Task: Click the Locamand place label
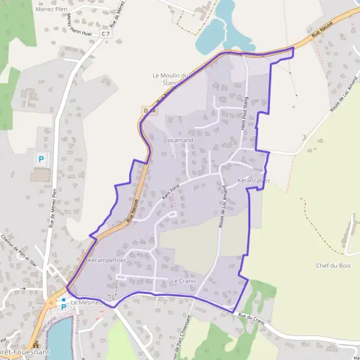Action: coord(179,140)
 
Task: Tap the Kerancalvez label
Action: coord(254,180)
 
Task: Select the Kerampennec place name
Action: coord(106,260)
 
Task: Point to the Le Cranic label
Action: coord(184,281)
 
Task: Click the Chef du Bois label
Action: coord(332,265)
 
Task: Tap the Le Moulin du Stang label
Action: coord(170,79)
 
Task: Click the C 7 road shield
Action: coord(106,34)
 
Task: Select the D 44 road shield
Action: coord(149,110)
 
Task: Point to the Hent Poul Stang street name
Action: coord(244,111)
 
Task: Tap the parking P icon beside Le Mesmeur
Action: coord(64,307)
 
